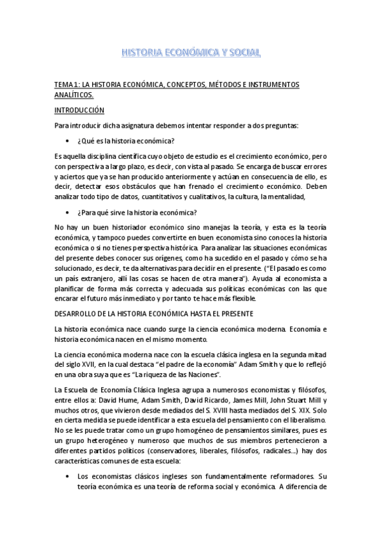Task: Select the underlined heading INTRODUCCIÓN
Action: (79, 110)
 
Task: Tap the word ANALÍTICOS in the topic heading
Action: (73, 95)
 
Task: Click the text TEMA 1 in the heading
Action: (67, 85)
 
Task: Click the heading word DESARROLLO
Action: (78, 314)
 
